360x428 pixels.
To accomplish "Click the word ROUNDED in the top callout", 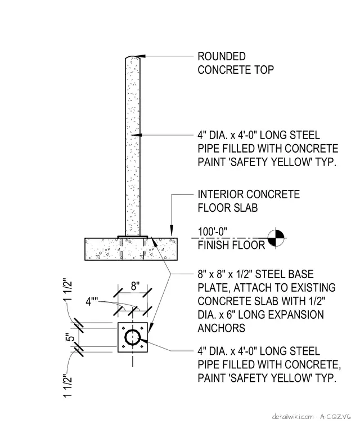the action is [x=222, y=56].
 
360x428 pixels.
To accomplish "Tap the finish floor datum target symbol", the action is [x=276, y=238].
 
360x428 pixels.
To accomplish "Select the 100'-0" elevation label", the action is [x=213, y=231].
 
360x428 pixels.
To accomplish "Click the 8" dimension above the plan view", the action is [x=135, y=286].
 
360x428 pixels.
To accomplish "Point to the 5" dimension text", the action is [x=70, y=337].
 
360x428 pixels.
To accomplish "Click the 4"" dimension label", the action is [x=92, y=302].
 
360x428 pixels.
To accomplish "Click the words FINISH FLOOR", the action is [x=231, y=245].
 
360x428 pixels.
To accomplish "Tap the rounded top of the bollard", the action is [x=133, y=57].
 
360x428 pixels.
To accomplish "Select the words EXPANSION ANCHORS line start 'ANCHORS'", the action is [x=221, y=328].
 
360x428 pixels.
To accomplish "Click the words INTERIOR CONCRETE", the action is [x=249, y=195].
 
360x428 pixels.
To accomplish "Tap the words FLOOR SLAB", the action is [x=228, y=208].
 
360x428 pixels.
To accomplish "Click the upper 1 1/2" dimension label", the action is [x=69, y=289].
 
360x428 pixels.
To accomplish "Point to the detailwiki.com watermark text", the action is [x=292, y=417].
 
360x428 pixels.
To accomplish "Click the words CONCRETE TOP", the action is [x=236, y=70].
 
